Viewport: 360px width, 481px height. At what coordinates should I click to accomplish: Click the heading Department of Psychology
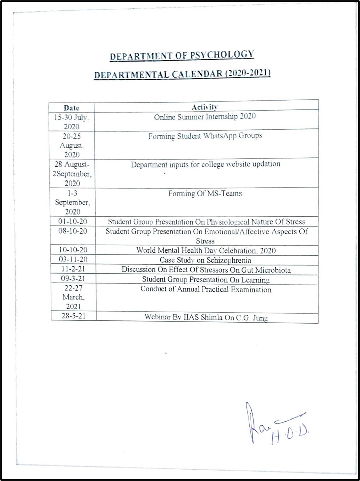[182, 55]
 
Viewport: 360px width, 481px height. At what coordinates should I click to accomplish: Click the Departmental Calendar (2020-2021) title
[182, 74]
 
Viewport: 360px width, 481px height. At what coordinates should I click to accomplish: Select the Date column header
[71, 108]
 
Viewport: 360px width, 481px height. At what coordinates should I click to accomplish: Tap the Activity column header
[205, 107]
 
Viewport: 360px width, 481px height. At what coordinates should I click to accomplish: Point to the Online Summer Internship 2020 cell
[205, 117]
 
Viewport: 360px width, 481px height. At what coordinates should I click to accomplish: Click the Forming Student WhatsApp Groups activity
[205, 136]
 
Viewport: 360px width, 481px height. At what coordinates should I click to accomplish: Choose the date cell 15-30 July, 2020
[71, 122]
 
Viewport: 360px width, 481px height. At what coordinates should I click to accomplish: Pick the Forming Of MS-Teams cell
[205, 194]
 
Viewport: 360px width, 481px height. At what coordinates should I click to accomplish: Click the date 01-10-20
[73, 222]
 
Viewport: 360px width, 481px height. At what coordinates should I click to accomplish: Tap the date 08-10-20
[73, 231]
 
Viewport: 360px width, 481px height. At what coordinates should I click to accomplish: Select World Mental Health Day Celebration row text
[206, 251]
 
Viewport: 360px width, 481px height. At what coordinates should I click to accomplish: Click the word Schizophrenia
[229, 260]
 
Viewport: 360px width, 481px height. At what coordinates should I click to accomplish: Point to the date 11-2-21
[73, 269]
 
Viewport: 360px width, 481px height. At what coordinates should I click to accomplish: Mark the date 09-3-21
[73, 279]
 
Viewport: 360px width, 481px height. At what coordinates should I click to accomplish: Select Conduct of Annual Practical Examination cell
[206, 289]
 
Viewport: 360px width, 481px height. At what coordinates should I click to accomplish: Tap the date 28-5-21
[73, 316]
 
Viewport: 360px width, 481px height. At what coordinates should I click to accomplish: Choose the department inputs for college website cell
[205, 164]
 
